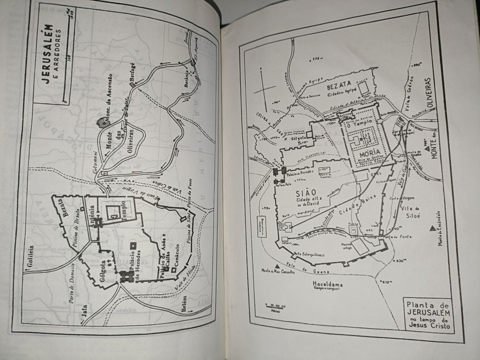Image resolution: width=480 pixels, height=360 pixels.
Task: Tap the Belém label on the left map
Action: click(183, 305)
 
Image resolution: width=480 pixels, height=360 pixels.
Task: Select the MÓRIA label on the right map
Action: click(370, 153)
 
